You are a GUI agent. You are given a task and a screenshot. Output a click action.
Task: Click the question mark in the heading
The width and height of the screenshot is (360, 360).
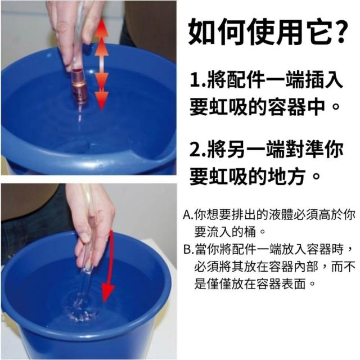[340, 31]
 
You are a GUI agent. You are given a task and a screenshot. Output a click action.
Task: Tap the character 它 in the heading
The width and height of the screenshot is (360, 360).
[318, 31]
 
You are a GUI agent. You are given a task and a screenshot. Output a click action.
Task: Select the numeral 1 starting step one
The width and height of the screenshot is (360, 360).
[195, 79]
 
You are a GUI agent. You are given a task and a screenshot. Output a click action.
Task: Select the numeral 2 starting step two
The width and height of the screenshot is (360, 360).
[195, 150]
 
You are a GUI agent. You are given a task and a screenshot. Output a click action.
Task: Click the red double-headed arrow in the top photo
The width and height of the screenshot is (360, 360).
[101, 64]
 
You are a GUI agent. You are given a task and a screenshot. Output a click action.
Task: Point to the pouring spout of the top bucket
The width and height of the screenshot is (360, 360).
[147, 159]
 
